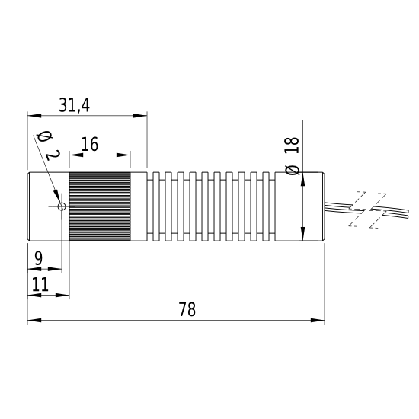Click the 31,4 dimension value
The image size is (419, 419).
click(75, 105)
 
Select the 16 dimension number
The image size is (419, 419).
click(90, 144)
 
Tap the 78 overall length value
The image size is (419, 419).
click(187, 309)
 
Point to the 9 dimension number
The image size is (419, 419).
click(39, 258)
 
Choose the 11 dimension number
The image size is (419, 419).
click(40, 284)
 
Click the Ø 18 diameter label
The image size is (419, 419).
click(292, 155)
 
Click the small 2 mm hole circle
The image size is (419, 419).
click(62, 206)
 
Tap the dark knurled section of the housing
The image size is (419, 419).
click(100, 206)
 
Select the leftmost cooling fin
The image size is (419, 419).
click(156, 206)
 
